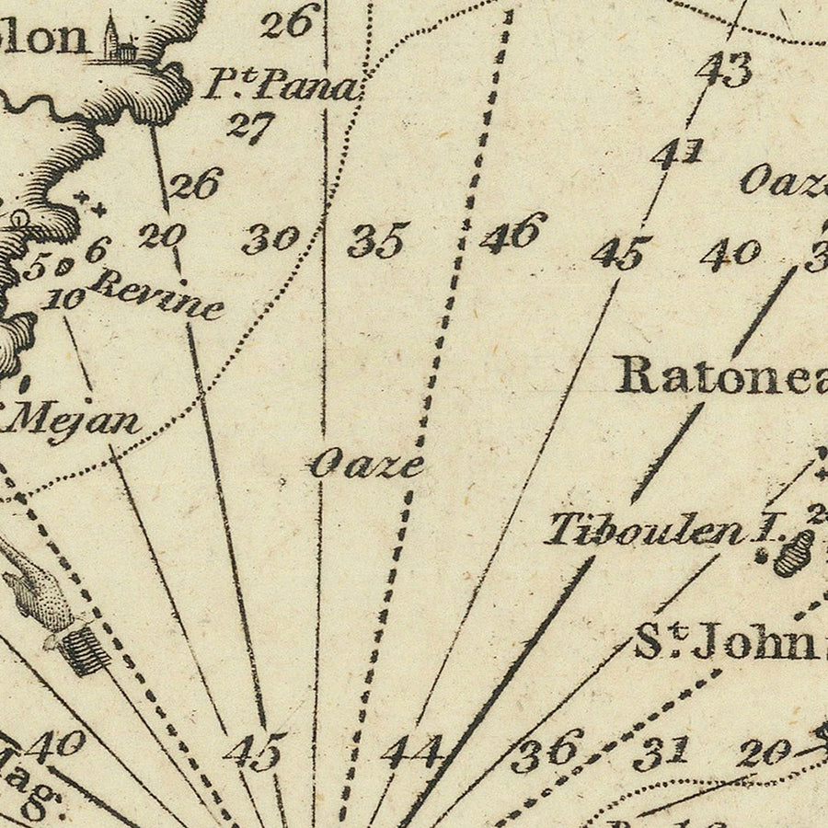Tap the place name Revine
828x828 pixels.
click(158, 293)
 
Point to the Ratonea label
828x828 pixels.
click(722, 375)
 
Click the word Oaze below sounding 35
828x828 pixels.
click(367, 464)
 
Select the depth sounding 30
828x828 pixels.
click(270, 240)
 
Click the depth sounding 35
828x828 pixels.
click(377, 241)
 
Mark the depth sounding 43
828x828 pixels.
click(725, 69)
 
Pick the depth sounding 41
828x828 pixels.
click(678, 153)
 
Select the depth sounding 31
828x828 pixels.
click(661, 753)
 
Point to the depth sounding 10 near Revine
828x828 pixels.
click(63, 298)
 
